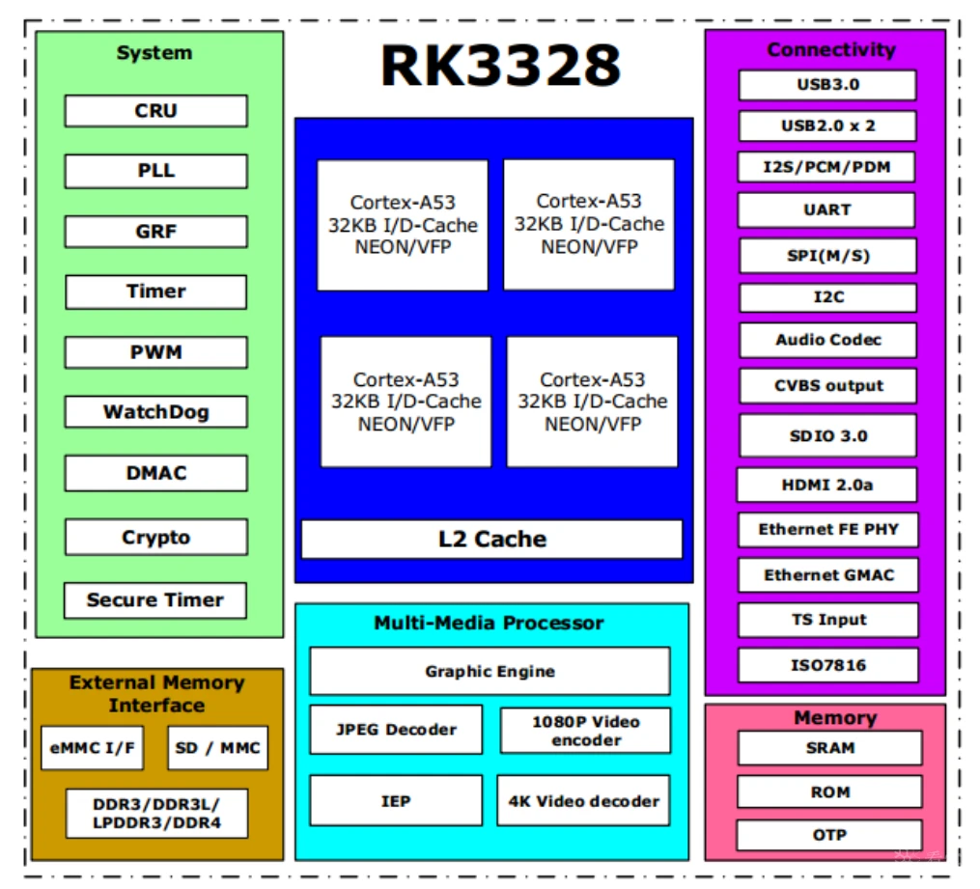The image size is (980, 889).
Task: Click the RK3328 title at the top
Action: point(500,66)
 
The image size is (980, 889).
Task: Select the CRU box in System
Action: point(155,111)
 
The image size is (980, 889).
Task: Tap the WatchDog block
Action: point(155,412)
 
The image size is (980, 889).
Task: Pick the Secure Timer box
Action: point(155,599)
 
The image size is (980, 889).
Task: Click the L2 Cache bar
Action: point(491,539)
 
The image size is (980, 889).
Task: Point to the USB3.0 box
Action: point(827,84)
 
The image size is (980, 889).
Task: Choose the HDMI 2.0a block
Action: point(826,485)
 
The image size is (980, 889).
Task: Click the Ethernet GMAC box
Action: point(828,574)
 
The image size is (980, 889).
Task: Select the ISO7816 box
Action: point(828,664)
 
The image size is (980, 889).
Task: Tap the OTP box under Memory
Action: point(829,834)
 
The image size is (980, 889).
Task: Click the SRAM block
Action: point(829,747)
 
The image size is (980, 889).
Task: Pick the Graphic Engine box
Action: point(490,671)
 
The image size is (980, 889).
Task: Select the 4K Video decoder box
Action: point(583,800)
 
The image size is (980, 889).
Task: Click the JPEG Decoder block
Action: point(396,730)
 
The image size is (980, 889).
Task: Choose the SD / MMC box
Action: point(218,748)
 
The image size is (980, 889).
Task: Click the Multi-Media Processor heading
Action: point(489,624)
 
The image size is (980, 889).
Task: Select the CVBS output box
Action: point(828,385)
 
